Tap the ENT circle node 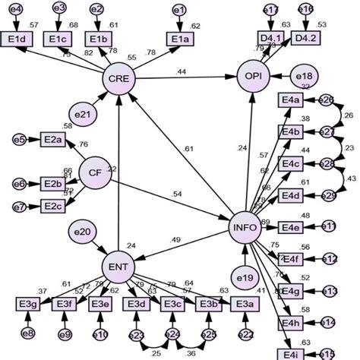coord(118,266)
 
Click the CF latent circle coord(95,172)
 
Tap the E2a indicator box coord(52,139)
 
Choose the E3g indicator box coord(28,305)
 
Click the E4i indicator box coord(290,354)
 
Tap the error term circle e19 coord(244,276)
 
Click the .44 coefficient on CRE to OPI coord(182,71)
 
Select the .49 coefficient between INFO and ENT coord(175,240)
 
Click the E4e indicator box coord(290,227)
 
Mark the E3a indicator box coord(242,305)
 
